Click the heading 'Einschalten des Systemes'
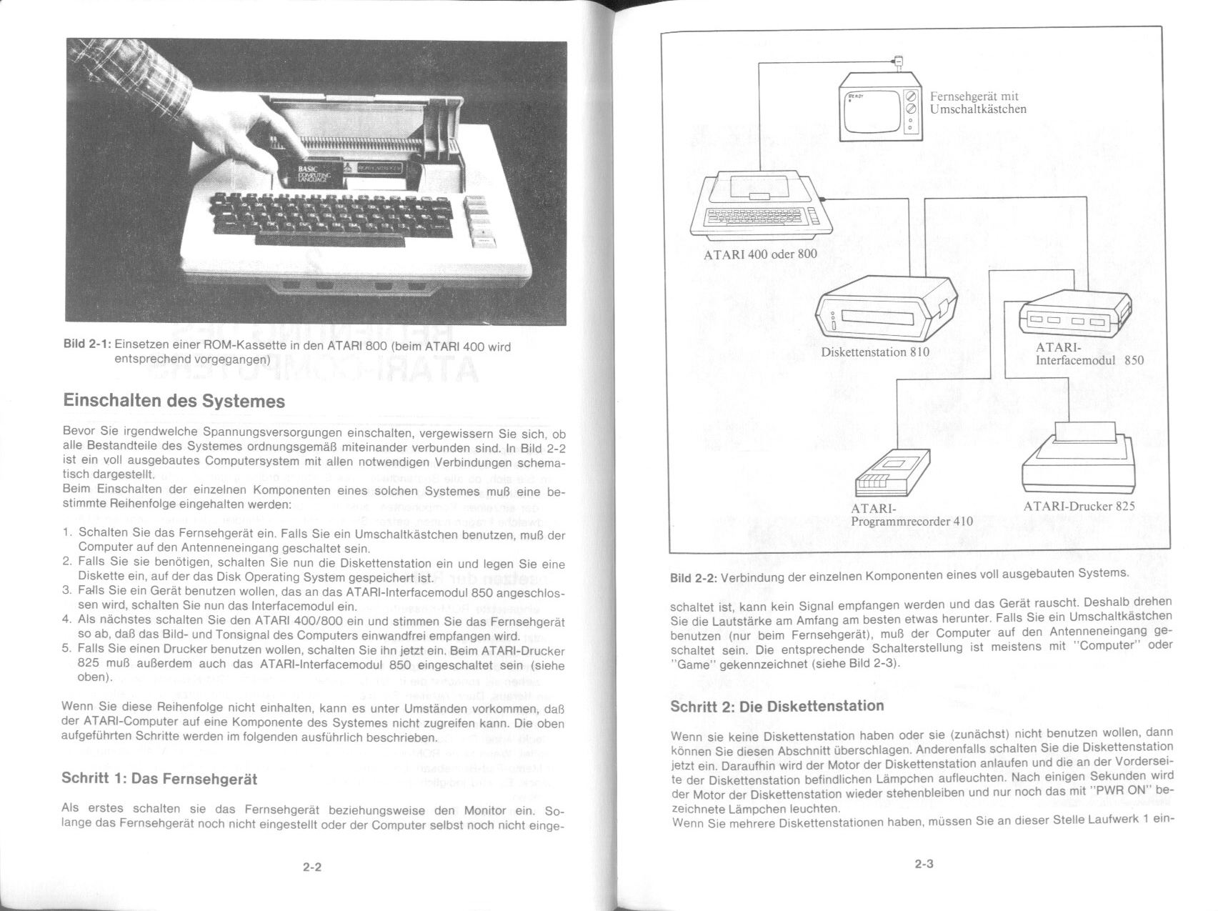(x=174, y=401)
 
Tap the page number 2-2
(x=312, y=867)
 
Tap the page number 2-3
(x=924, y=863)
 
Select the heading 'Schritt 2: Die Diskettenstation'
(x=777, y=707)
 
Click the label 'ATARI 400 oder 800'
(x=760, y=254)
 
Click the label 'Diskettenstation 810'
(x=875, y=352)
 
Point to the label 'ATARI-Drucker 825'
(x=1079, y=506)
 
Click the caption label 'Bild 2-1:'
(x=87, y=344)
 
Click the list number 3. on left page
(x=67, y=590)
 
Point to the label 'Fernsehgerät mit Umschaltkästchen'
(x=978, y=102)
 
